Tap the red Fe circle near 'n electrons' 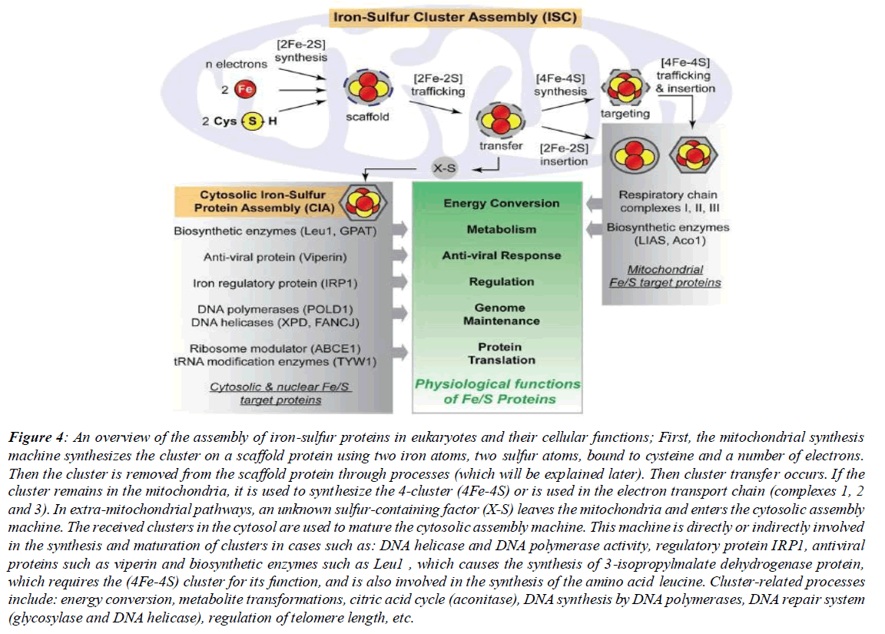coord(244,91)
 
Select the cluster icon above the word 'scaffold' coord(367,90)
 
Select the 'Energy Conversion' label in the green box coord(501,204)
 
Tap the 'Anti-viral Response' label coord(501,255)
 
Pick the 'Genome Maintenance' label coord(501,314)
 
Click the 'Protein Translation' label coord(501,354)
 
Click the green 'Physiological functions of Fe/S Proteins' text coord(498,390)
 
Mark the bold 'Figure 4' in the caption coord(35,438)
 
